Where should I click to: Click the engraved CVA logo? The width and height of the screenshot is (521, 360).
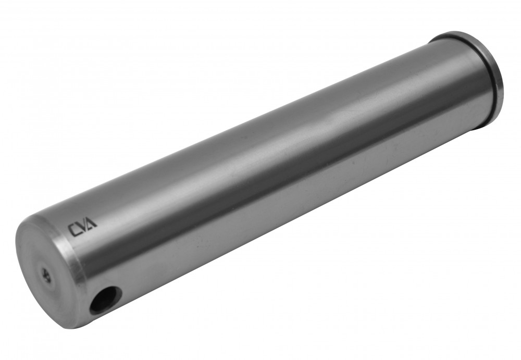click(83, 227)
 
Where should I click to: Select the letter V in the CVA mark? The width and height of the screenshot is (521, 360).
click(83, 227)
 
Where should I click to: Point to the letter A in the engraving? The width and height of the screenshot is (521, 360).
click(92, 223)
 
